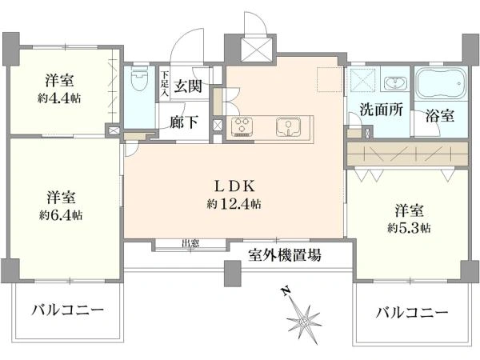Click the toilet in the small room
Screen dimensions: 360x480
pyautogui.click(x=139, y=80)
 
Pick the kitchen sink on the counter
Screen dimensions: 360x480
pyautogui.click(x=287, y=126)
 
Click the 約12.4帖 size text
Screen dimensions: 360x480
pyautogui.click(x=234, y=205)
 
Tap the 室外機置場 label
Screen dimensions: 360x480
pyautogui.click(x=285, y=256)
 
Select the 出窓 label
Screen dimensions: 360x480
pyautogui.click(x=190, y=244)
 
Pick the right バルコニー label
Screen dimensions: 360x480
pyautogui.click(x=411, y=313)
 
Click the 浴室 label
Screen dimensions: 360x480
pyautogui.click(x=440, y=115)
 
